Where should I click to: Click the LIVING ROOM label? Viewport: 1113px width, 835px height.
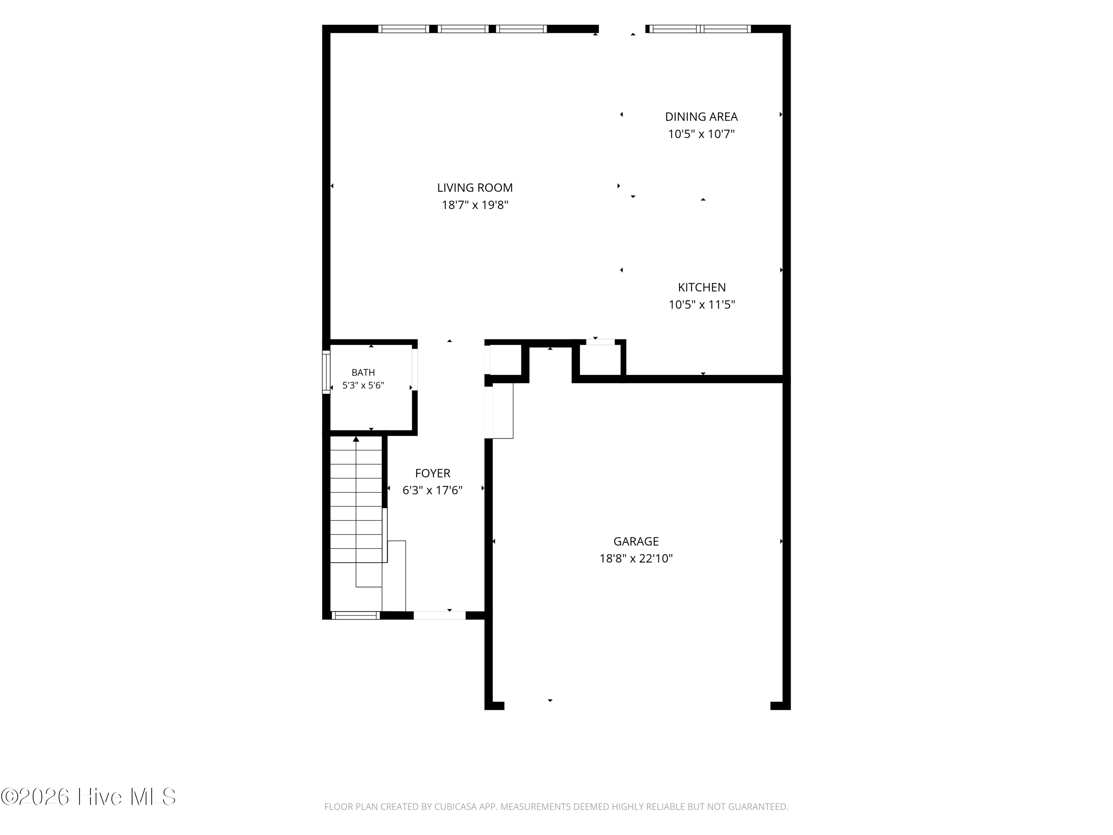[475, 188]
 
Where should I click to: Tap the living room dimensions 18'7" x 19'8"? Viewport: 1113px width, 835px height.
[475, 205]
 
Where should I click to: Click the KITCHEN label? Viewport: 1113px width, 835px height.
[702, 287]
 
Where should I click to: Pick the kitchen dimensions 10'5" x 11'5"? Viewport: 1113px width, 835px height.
[702, 305]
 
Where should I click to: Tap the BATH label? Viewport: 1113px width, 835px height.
[363, 373]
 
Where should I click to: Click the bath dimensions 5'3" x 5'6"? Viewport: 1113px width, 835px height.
[363, 386]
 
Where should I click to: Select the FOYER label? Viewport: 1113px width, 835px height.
[433, 473]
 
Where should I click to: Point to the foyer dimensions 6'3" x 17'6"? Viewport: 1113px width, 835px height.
[433, 490]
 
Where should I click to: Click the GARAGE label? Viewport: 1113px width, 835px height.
[636, 541]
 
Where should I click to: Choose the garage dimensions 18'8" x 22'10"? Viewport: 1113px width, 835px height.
[636, 559]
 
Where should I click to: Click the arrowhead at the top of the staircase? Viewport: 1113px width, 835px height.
[356, 439]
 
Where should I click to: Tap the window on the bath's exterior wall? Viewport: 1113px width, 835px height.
[326, 372]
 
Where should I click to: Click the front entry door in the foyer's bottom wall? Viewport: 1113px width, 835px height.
[440, 615]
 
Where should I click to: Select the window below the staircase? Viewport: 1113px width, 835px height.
[356, 615]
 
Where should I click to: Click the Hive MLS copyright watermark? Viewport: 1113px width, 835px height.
[89, 797]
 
